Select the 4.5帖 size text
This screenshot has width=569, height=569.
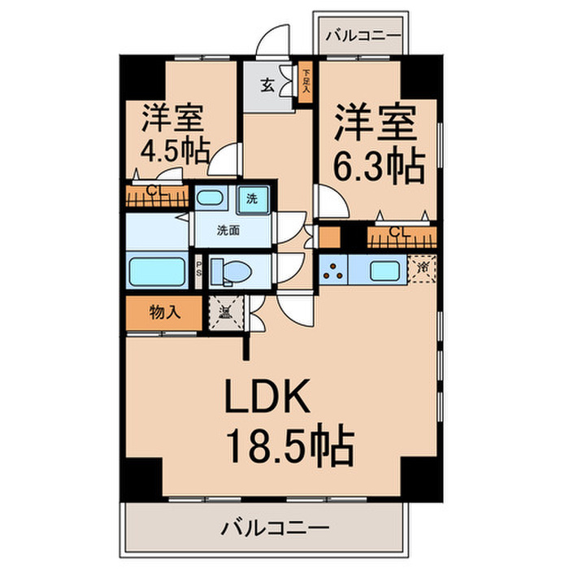coord(176,151)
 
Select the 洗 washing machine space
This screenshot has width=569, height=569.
coord(252,198)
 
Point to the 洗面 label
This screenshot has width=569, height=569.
coord(228,230)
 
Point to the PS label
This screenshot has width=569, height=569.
coord(199,269)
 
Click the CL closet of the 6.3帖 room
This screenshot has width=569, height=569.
coord(398,234)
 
